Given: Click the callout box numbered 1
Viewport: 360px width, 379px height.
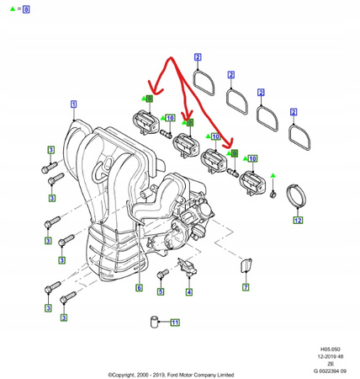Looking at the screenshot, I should click(x=73, y=104).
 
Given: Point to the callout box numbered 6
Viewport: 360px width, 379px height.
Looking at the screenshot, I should click(x=140, y=288).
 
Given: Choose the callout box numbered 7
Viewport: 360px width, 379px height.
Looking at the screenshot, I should click(x=246, y=287).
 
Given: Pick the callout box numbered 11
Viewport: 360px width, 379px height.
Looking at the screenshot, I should click(x=175, y=323).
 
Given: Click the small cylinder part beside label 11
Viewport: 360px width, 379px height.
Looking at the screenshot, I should click(x=156, y=322).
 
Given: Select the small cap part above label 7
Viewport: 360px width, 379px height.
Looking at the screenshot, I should click(x=245, y=267).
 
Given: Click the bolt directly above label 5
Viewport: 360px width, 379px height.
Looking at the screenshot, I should click(x=161, y=275).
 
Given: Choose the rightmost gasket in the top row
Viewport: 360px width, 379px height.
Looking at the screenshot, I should click(x=298, y=131).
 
